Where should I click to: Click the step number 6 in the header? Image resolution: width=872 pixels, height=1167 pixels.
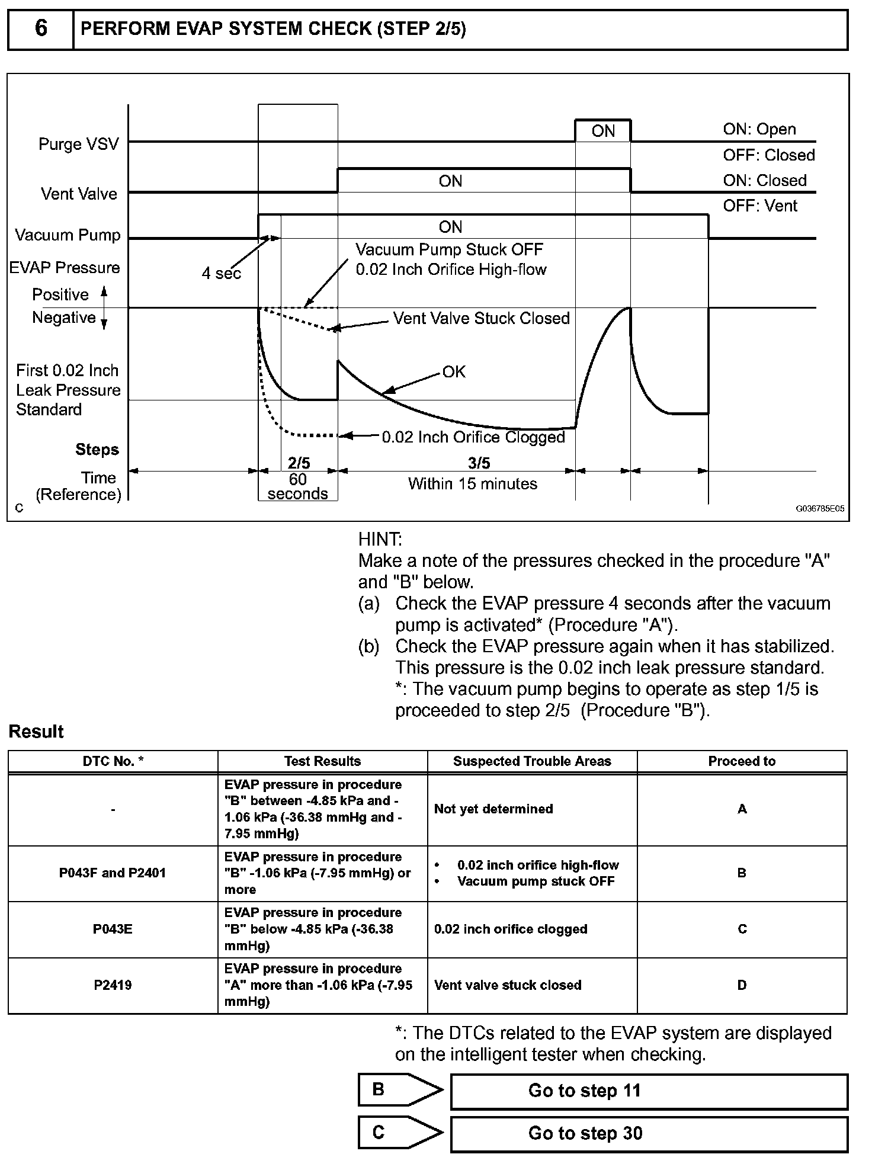(41, 28)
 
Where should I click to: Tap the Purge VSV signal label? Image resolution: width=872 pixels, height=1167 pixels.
(78, 144)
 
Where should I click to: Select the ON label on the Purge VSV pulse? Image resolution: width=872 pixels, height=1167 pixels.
(603, 132)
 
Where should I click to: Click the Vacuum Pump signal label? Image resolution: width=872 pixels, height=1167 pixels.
(68, 235)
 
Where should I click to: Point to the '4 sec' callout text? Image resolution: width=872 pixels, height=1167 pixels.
(221, 274)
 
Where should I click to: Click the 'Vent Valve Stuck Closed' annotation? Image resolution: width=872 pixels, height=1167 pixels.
(481, 319)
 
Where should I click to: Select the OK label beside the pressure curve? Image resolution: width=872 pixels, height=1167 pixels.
(454, 372)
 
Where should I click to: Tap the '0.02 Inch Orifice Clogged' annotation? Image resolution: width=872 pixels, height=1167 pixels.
(473, 437)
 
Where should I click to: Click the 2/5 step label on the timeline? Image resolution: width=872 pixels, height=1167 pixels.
(299, 463)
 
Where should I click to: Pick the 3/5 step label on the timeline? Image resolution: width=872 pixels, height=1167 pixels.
(479, 463)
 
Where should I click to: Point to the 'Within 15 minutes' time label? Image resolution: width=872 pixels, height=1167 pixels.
(472, 484)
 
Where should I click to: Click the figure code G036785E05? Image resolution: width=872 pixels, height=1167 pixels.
(820, 508)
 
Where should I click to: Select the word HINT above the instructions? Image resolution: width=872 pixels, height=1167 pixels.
(380, 539)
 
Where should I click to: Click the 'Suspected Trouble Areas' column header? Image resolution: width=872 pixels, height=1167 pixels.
(532, 761)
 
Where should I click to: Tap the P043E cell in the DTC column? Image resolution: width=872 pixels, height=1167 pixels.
(113, 929)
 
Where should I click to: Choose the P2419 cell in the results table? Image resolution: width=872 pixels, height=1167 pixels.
(113, 985)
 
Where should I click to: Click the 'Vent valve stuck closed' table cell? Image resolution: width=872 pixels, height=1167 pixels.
(508, 985)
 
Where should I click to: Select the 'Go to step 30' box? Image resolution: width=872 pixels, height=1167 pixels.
(649, 1133)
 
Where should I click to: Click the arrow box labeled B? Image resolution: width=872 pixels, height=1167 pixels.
(400, 1090)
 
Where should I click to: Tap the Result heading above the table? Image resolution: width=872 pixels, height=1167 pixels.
(36, 732)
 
